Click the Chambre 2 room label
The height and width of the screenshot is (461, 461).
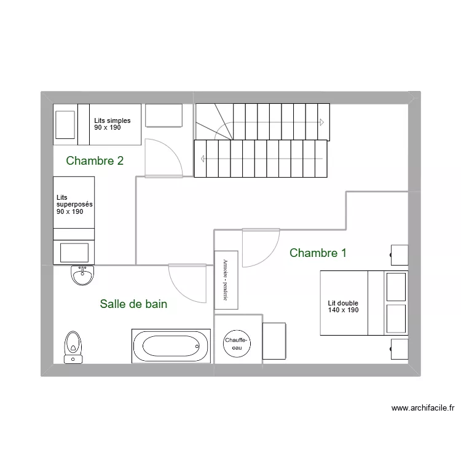[x=95, y=161]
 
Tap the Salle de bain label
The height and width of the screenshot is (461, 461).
[x=133, y=304]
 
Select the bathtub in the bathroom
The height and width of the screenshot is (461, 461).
[x=171, y=345]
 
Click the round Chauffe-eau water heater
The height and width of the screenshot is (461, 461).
[x=236, y=344]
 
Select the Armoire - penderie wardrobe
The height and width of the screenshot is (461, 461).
[x=226, y=280]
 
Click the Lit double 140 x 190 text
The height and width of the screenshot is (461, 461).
[x=343, y=307]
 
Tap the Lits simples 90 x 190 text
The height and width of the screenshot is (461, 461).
[x=112, y=124]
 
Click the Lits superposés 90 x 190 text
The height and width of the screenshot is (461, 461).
[x=69, y=204]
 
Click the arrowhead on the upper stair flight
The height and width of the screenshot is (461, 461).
[x=321, y=122]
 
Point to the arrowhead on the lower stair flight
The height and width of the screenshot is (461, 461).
[x=202, y=159]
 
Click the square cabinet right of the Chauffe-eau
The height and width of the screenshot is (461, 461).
[x=274, y=341]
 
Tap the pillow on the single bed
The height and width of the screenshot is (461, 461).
[x=65, y=124]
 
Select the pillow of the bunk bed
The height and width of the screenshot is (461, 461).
[x=73, y=252]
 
